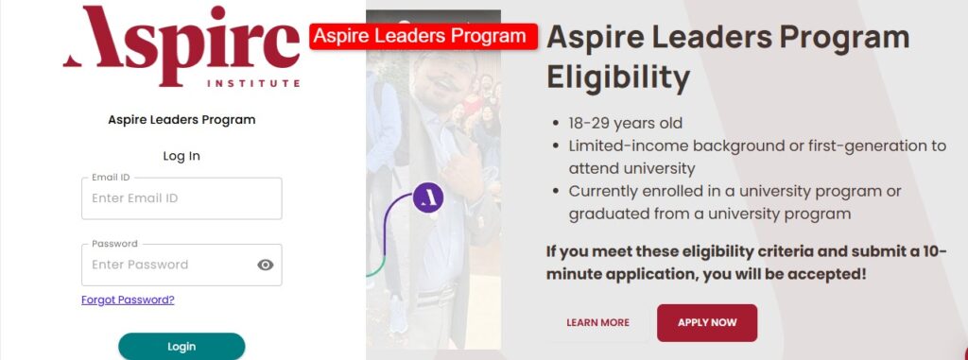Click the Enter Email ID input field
coord(181,198)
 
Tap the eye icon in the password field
coord(266,265)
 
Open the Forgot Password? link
coord(128,300)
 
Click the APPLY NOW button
coord(707,322)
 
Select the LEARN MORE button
coord(597,322)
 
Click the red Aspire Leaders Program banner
coord(423,37)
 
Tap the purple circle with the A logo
coord(428,197)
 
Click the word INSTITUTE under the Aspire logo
coord(253,83)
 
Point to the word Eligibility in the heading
coord(618,77)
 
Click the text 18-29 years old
coord(626,123)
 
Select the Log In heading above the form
coord(181,156)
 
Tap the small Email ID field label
coord(111,178)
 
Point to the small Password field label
coord(114,244)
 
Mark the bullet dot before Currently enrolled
coord(556,192)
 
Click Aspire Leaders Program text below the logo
coord(181,120)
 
